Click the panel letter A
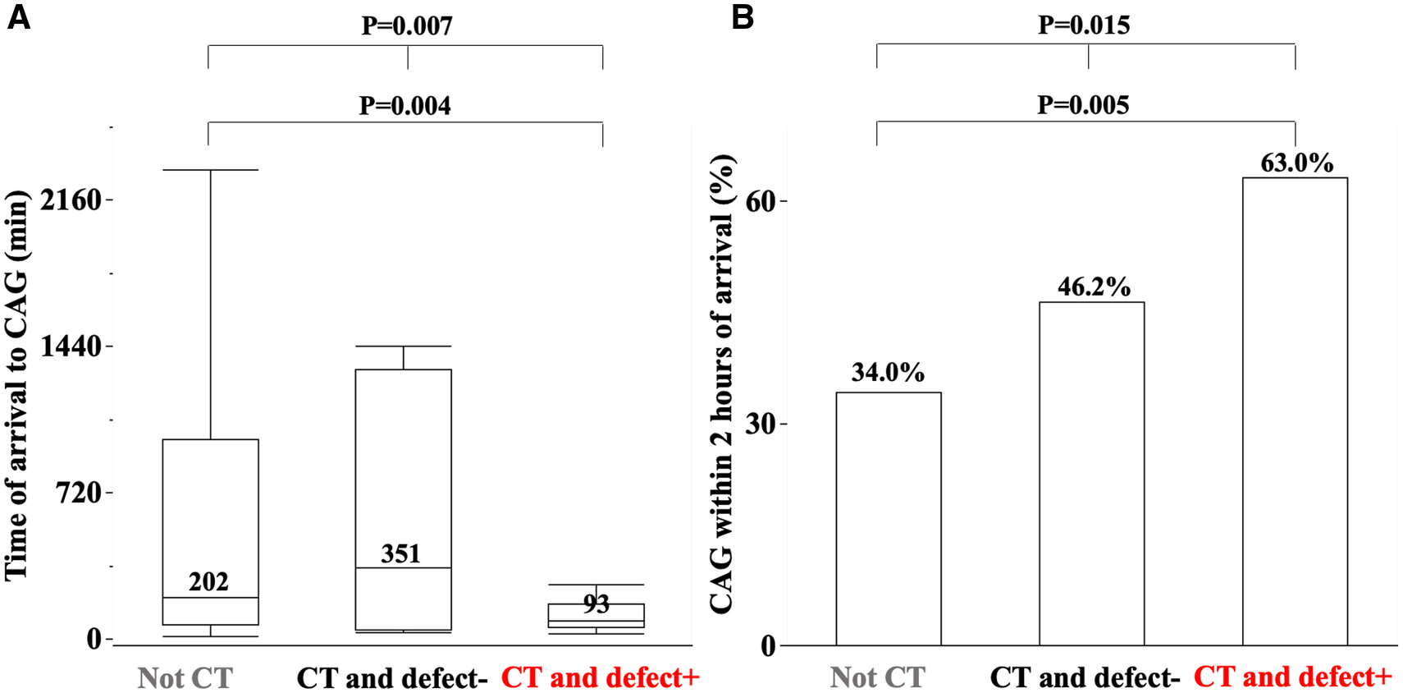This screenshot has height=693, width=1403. click(18, 16)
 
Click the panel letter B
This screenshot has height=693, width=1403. click(742, 16)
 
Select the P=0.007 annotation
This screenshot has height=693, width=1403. click(407, 25)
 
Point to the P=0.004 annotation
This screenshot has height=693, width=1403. click(404, 106)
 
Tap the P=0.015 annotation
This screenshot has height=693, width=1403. click(1084, 25)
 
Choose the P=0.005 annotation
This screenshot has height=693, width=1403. click(1083, 105)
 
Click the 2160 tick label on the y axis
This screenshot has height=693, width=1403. click(71, 200)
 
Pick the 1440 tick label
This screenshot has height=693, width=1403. click(71, 346)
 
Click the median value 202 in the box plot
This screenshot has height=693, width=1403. click(208, 582)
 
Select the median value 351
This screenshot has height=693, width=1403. click(400, 554)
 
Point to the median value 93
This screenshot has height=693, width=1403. click(596, 604)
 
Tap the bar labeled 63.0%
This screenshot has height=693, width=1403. click(1295, 411)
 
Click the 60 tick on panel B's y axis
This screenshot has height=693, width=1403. click(761, 202)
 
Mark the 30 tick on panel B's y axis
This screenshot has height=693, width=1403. click(761, 425)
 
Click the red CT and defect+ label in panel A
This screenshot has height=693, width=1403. click(600, 677)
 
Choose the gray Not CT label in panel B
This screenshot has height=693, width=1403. click(877, 677)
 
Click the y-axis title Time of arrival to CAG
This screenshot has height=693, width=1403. click(16, 386)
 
